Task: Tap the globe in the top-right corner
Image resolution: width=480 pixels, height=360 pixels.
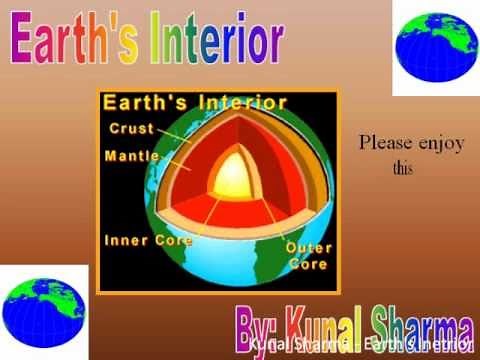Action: [x=435, y=47]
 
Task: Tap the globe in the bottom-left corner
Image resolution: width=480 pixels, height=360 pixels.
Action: [x=44, y=311]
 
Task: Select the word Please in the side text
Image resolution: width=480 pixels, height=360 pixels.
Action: [x=386, y=143]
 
